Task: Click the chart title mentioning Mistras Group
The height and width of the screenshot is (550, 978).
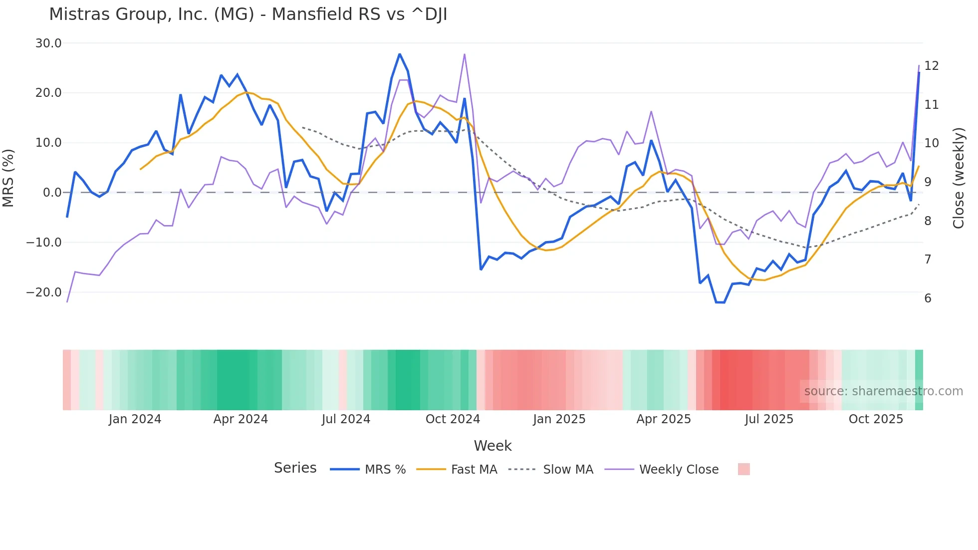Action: (248, 14)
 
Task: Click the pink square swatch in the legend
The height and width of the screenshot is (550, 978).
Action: (743, 469)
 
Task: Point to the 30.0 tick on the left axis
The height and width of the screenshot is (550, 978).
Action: (48, 43)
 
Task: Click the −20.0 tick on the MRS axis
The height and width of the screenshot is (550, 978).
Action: (44, 292)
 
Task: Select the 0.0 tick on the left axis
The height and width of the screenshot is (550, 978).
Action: (52, 193)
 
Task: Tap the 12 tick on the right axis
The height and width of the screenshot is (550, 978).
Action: (931, 66)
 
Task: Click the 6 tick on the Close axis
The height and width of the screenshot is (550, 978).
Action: (928, 298)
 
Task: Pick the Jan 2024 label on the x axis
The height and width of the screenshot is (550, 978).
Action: (135, 419)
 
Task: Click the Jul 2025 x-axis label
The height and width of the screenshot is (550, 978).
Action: (769, 419)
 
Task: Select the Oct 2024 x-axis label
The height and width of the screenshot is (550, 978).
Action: (453, 419)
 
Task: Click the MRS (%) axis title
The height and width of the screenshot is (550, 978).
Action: (8, 178)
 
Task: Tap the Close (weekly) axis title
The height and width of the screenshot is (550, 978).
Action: (959, 178)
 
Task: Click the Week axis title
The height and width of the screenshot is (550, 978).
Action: (492, 446)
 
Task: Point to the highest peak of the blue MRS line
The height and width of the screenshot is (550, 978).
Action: (400, 54)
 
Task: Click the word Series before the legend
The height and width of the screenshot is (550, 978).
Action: (295, 468)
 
